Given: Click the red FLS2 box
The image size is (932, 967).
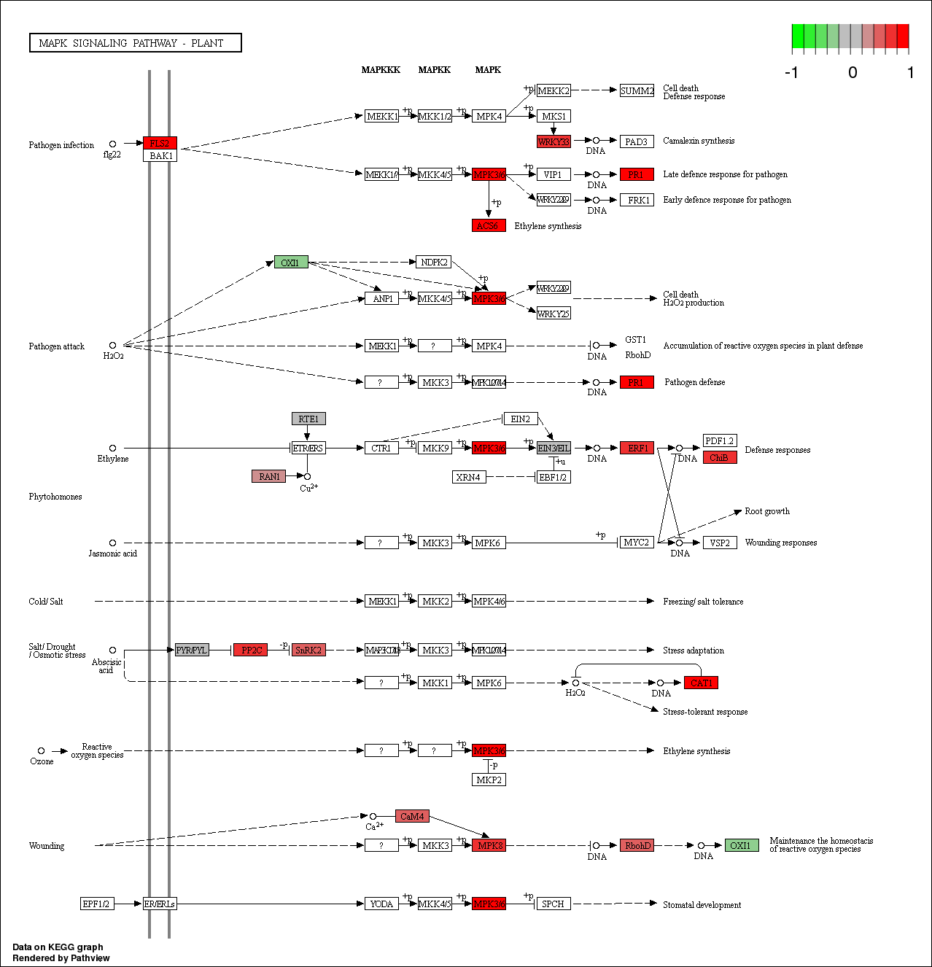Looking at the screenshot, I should coord(160,143).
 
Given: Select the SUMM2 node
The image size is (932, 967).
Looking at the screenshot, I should coord(637,90).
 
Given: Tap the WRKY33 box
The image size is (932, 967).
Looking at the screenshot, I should coord(554,141).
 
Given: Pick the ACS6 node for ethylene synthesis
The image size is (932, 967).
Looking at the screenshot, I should coord(488,226).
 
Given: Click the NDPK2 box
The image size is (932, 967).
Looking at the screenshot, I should coord(434,262).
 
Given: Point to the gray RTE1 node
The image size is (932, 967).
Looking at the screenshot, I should coord(308,419).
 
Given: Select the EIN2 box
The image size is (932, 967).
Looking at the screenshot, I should coord(520,419).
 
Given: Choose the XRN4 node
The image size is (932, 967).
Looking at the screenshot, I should coord(468,477).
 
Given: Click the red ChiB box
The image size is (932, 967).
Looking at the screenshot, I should coord(719,457).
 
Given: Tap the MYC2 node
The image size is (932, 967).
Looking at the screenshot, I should coord(636,543).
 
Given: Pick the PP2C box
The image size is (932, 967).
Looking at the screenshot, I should coord(252,650).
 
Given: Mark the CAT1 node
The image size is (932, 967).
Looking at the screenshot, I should coord(701,683).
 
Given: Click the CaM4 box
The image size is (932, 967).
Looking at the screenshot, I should coord(412,816).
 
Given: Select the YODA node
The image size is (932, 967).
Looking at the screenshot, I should coord(381,904).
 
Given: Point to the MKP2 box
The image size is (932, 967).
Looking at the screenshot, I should coord(489,780).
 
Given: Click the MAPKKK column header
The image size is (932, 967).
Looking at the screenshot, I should coord(381,70).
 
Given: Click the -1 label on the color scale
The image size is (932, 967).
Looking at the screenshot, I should coord(791,72).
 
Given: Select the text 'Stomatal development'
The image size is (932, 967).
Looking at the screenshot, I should coord(702,905).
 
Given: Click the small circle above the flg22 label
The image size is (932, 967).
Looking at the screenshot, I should coord(112,144).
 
